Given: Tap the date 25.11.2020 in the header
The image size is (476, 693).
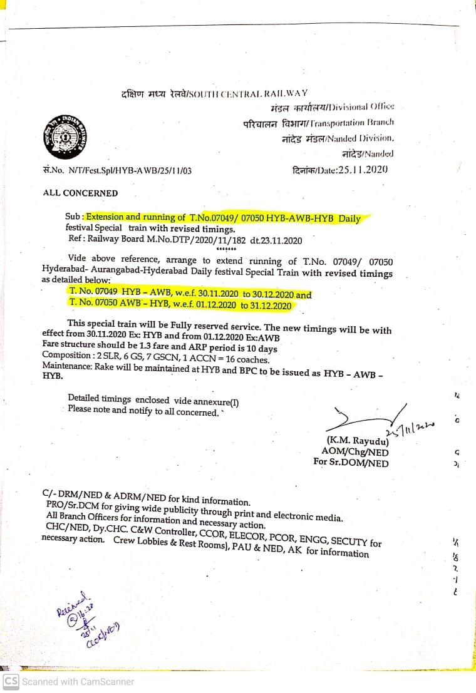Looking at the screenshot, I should click(362, 170).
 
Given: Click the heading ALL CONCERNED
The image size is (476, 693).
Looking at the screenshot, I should click(80, 193).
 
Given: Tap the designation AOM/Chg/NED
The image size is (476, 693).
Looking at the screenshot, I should click(354, 452).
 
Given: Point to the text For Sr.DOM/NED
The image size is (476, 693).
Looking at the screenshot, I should click(351, 463).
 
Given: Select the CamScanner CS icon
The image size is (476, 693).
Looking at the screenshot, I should click(11, 682).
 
